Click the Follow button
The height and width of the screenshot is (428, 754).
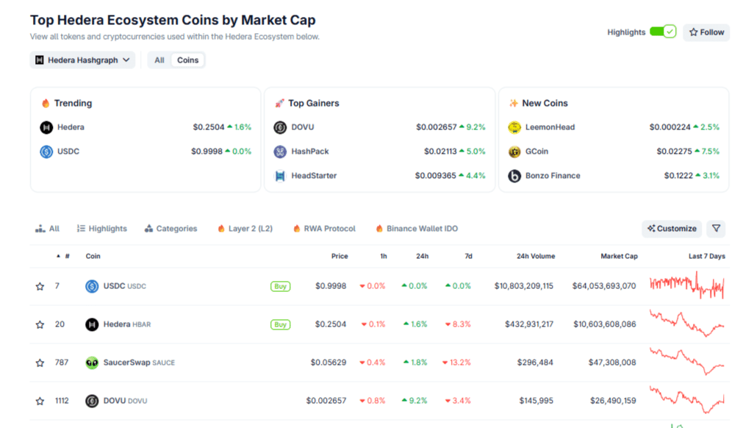(x=706, y=32)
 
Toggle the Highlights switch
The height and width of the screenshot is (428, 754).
(x=662, y=32)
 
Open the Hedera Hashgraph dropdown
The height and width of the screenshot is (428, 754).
(x=82, y=60)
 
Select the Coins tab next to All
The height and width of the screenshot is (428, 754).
(x=187, y=60)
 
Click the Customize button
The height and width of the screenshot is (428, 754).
(x=672, y=229)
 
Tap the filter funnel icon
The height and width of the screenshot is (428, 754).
(x=716, y=229)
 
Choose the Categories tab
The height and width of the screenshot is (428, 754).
(x=170, y=229)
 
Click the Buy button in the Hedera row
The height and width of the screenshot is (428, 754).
(x=280, y=324)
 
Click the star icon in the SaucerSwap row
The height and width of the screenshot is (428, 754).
(x=40, y=363)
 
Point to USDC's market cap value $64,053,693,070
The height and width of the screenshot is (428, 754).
(x=604, y=286)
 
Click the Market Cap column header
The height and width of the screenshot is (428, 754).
(x=619, y=257)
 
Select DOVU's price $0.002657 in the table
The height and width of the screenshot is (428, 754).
(x=326, y=401)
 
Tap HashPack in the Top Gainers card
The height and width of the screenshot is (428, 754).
(x=309, y=151)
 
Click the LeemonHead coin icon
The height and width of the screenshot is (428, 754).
(x=514, y=127)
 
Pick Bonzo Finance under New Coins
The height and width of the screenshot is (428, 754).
(x=552, y=176)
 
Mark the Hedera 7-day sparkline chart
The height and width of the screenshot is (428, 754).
(x=687, y=323)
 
